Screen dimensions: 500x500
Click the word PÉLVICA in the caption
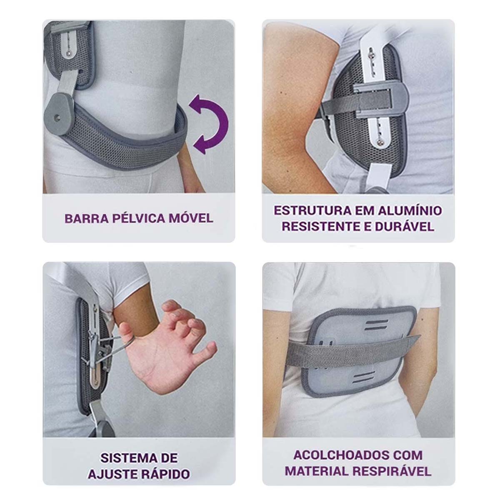click(x=139, y=218)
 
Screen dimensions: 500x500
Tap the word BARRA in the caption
click(x=87, y=218)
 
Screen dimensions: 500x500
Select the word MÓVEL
click(x=191, y=218)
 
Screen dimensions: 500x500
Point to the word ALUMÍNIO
click(x=410, y=210)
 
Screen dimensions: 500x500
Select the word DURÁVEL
click(x=405, y=227)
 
